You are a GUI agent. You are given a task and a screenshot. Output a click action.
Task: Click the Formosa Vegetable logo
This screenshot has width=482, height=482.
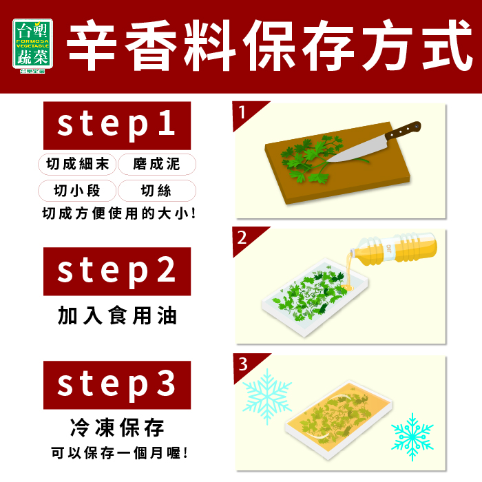(x=32, y=45)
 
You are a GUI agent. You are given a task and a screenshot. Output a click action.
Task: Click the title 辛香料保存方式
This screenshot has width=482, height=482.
(x=269, y=45)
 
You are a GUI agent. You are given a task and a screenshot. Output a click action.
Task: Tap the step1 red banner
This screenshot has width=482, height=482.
(x=117, y=125)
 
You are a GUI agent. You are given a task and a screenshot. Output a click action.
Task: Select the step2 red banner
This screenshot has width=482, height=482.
(x=117, y=271)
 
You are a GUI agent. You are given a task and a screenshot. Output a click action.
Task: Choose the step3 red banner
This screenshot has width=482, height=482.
(x=117, y=385)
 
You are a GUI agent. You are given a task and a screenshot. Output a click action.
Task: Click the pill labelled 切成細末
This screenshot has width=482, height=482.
(x=77, y=164)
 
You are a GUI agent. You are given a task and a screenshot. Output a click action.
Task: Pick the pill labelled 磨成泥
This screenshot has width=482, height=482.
(x=157, y=164)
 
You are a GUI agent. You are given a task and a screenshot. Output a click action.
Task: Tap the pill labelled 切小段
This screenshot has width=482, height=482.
(x=77, y=191)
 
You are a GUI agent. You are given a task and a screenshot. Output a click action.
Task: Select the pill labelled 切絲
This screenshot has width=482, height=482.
(x=157, y=191)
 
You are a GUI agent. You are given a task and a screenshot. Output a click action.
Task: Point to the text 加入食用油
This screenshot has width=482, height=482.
(x=117, y=315)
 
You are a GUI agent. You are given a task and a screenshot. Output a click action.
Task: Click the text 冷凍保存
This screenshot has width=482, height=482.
(x=117, y=428)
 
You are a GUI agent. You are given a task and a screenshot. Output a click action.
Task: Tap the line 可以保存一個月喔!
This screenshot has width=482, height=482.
(x=120, y=453)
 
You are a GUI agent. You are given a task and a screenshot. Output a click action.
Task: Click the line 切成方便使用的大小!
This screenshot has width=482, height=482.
(x=119, y=213)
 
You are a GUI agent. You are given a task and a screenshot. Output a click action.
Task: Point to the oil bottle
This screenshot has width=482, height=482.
(x=394, y=247)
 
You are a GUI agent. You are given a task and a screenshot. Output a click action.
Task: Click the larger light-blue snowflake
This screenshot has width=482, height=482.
(x=267, y=397)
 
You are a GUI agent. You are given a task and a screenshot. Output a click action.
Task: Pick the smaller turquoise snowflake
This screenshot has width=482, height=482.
(x=412, y=437)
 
